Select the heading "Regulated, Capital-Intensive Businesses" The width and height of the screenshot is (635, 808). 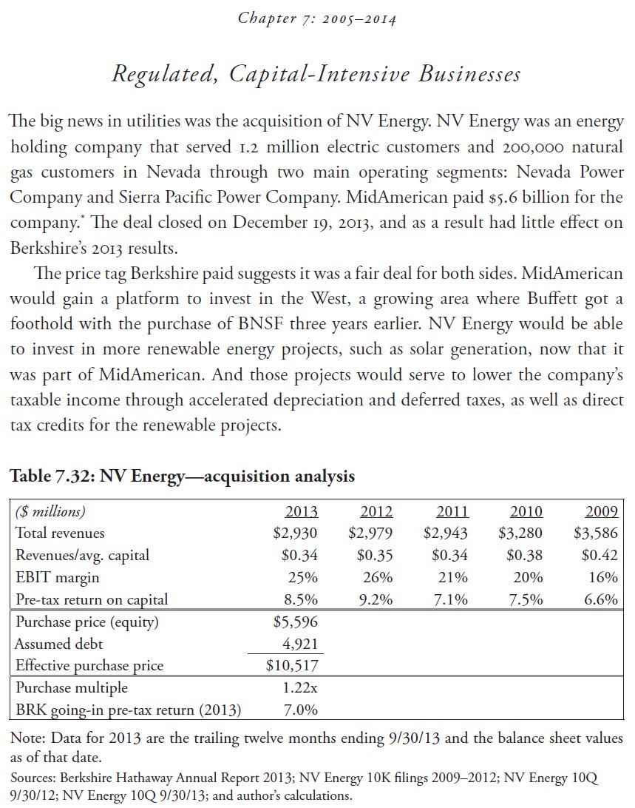click(316, 75)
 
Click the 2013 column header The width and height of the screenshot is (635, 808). click(302, 511)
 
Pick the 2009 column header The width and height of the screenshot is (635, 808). click(601, 511)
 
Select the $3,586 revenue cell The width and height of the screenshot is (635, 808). click(595, 533)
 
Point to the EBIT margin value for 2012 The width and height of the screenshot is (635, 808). click(376, 577)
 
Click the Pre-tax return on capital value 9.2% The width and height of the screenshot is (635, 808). click(376, 599)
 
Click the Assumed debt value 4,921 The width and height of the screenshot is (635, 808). click(300, 644)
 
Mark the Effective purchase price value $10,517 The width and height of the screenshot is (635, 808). click(292, 666)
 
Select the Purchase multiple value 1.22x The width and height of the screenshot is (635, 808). click(300, 688)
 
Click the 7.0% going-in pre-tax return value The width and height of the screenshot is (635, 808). click(302, 710)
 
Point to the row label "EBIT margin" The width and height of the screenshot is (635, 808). click(57, 577)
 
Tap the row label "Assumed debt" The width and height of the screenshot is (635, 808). click(61, 644)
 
